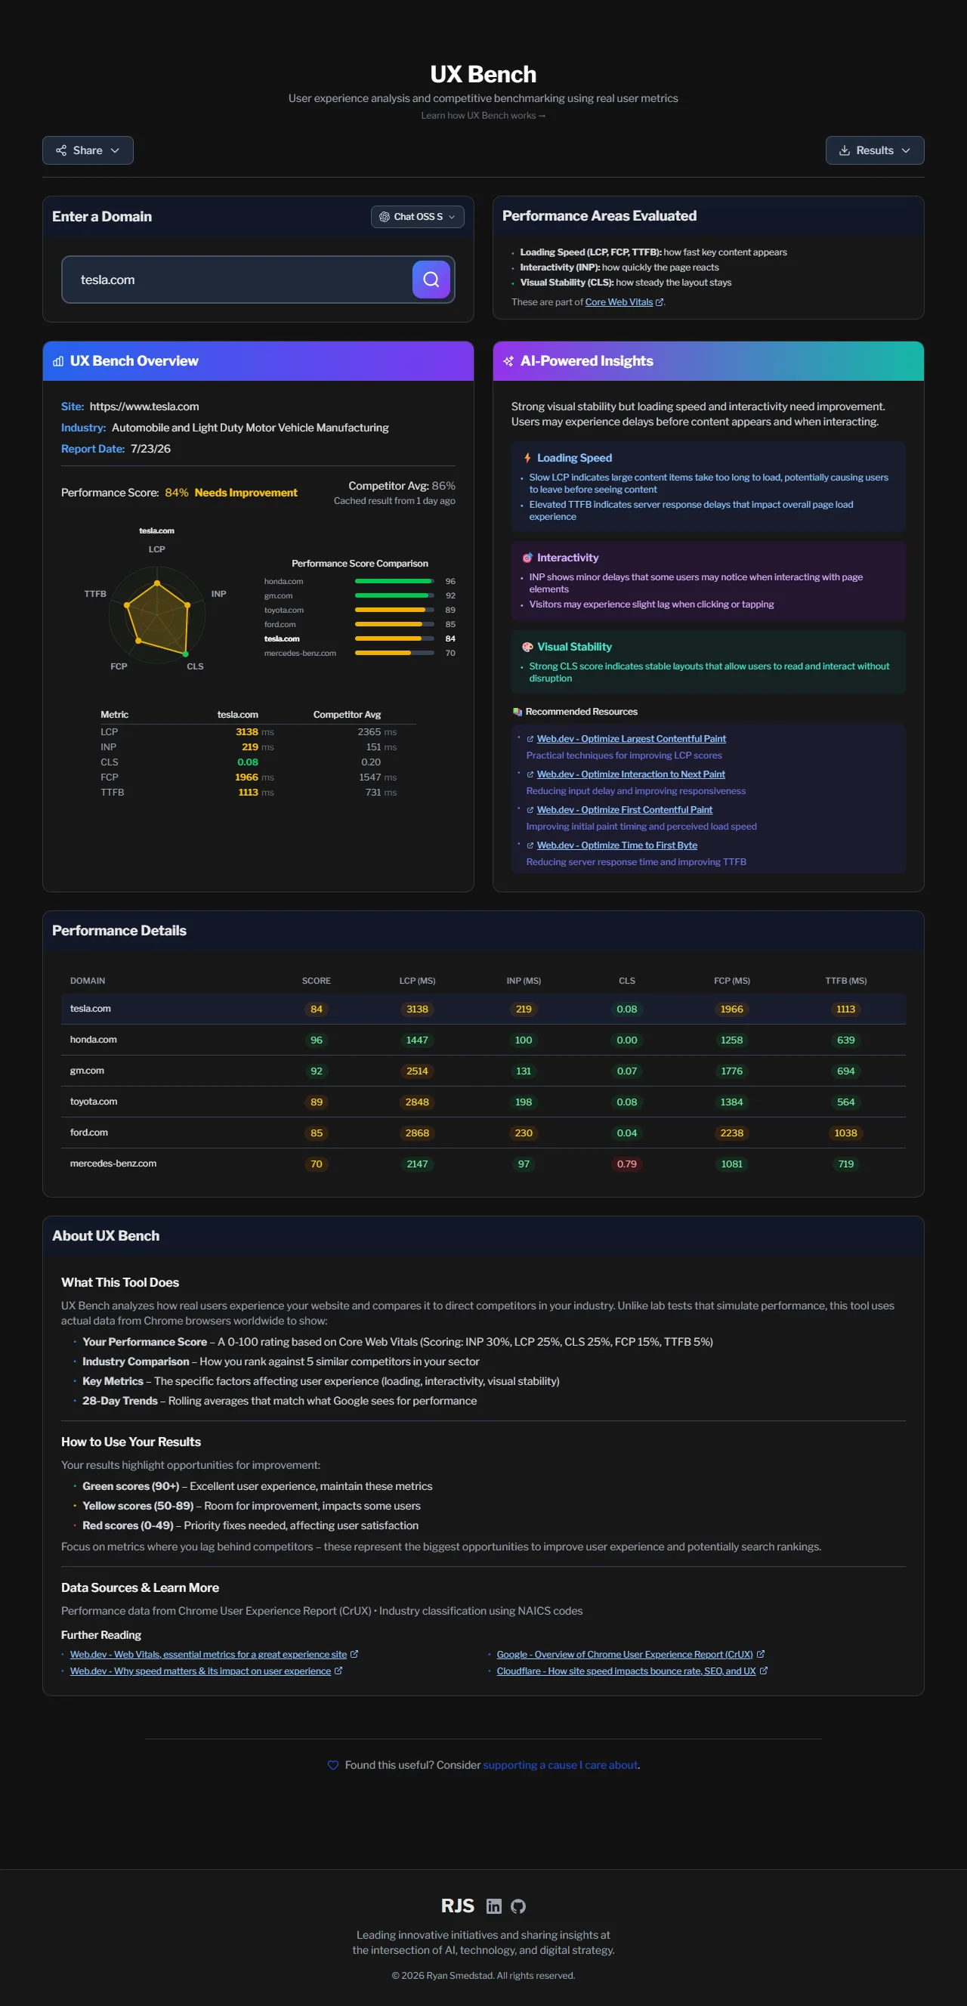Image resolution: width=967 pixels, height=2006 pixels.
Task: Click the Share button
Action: (x=88, y=150)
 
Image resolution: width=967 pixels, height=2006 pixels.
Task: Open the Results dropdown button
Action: (x=874, y=150)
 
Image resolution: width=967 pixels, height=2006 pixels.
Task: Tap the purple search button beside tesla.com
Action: (x=431, y=280)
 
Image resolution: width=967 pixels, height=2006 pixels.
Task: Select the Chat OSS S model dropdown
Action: (x=417, y=217)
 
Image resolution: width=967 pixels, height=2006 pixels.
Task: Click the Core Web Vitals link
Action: (x=619, y=302)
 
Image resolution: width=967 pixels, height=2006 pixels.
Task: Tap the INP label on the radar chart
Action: (x=219, y=593)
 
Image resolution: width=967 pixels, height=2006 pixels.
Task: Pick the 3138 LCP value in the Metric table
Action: (x=247, y=732)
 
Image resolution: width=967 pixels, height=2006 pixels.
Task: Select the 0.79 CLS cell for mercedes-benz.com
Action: (x=627, y=1164)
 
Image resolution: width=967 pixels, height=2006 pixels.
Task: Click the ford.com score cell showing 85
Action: (x=316, y=1133)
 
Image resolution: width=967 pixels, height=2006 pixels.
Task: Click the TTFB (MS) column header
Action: (x=845, y=981)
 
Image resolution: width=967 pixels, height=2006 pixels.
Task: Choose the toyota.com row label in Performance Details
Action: (x=94, y=1101)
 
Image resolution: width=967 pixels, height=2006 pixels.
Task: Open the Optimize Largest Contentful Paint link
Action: (x=632, y=738)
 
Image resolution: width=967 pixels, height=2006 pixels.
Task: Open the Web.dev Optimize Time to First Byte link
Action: (x=617, y=845)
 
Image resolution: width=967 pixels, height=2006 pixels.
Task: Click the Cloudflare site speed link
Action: (x=626, y=1671)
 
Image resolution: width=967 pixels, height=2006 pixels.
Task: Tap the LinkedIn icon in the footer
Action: (x=493, y=1906)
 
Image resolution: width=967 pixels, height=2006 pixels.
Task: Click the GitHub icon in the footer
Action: (x=518, y=1906)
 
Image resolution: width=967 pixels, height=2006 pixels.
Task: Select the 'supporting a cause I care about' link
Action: (x=561, y=1764)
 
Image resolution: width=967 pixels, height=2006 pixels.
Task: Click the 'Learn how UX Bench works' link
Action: (x=483, y=116)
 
